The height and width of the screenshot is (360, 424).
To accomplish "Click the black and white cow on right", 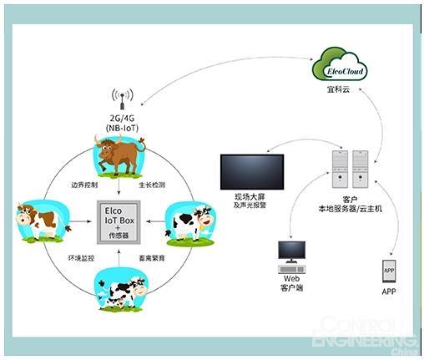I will [x=188, y=222].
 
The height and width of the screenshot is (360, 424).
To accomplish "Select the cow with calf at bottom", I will [x=121, y=289].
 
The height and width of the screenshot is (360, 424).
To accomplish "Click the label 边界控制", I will [x=83, y=183].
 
